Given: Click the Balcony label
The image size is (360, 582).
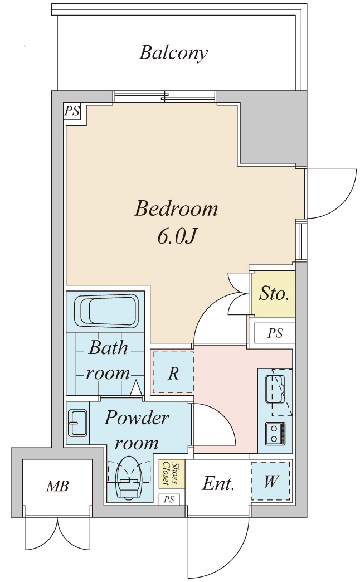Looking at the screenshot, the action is point(173,53).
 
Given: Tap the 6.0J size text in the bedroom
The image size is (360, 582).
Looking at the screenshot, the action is point(176,237).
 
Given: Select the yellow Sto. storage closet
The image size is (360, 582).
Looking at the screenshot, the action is point(273,294).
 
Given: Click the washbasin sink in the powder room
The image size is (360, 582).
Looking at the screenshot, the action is point(77,423).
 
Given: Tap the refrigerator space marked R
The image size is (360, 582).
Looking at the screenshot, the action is point(173,372).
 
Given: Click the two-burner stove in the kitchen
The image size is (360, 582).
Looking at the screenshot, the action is point(275,434).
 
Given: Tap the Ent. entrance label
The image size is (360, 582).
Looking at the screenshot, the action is point(218,484).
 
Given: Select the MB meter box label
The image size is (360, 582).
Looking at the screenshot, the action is point(57,486).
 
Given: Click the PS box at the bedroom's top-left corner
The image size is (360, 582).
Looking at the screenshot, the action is point(72,111).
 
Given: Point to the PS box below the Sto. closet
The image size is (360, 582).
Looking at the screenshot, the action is point(275,333).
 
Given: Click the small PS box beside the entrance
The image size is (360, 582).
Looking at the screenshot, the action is point(169,499).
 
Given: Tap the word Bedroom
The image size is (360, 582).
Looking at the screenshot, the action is point(176,208).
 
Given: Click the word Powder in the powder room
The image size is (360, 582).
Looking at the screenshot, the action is point(137,418).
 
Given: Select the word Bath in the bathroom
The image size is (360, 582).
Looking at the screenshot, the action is point(108,348).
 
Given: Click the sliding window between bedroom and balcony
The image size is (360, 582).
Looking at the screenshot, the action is point(165,97).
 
